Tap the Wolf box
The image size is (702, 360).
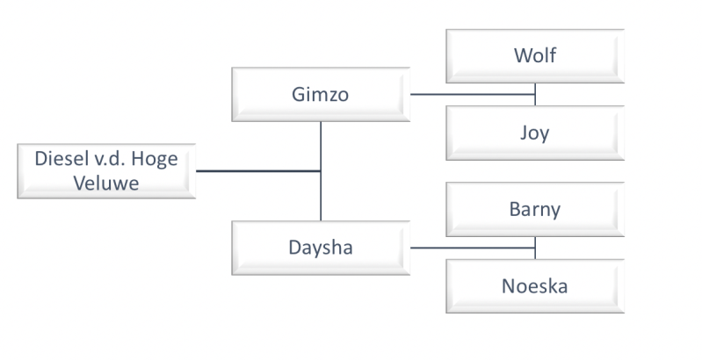tap(534, 56)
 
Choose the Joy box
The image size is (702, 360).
tap(534, 133)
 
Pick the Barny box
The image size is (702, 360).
tap(534, 210)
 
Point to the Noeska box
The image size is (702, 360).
tap(534, 286)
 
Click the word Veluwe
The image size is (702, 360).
tap(105, 184)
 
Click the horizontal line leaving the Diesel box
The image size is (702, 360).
tap(255, 171)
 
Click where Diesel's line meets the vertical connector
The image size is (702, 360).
tap(321, 171)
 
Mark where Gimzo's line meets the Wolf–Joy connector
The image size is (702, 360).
tap(535, 94)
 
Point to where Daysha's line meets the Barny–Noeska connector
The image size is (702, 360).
tap(535, 248)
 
